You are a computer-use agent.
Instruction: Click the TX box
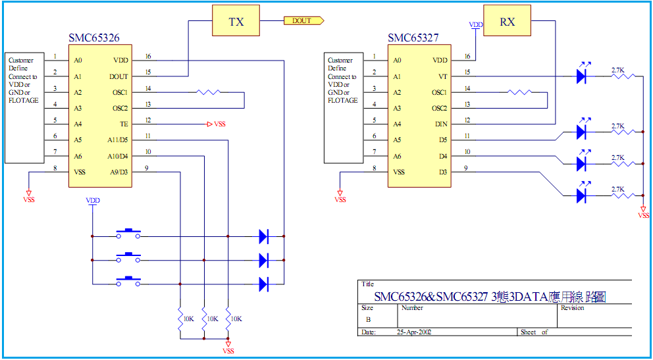tap(236, 22)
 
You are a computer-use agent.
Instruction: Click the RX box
tap(507, 22)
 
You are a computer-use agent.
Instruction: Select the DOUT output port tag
tap(303, 21)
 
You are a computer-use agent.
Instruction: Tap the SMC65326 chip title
tap(94, 39)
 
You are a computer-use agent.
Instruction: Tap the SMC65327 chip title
tap(413, 39)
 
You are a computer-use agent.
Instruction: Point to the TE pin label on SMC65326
tap(124, 124)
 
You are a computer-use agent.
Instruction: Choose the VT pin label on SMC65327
tap(443, 76)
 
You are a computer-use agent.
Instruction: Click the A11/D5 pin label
tap(118, 140)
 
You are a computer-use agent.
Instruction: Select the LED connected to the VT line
tap(581, 76)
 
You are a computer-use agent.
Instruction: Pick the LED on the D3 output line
tap(581, 195)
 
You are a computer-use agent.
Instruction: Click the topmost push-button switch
tap(128, 234)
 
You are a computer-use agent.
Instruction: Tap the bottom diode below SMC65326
tap(263, 284)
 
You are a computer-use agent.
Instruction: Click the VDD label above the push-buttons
tap(93, 200)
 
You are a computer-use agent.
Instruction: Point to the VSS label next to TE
tap(220, 124)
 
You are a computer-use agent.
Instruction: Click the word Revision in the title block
tap(572, 307)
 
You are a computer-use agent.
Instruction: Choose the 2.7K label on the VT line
tap(617, 69)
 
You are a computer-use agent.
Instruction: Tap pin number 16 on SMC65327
tap(467, 57)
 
